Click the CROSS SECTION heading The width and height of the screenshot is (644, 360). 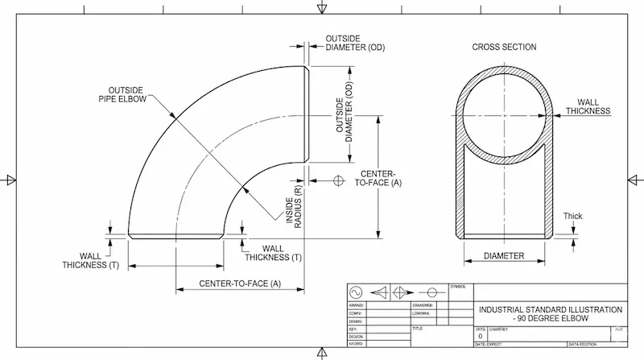pos(504,48)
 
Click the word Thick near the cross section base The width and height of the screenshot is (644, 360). pos(572,216)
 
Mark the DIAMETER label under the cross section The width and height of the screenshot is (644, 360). pos(504,256)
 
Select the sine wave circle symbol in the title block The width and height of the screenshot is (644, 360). pos(357,292)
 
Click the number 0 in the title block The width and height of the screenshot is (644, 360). pos(481,336)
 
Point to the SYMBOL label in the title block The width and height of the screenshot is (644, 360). pos(458,286)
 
